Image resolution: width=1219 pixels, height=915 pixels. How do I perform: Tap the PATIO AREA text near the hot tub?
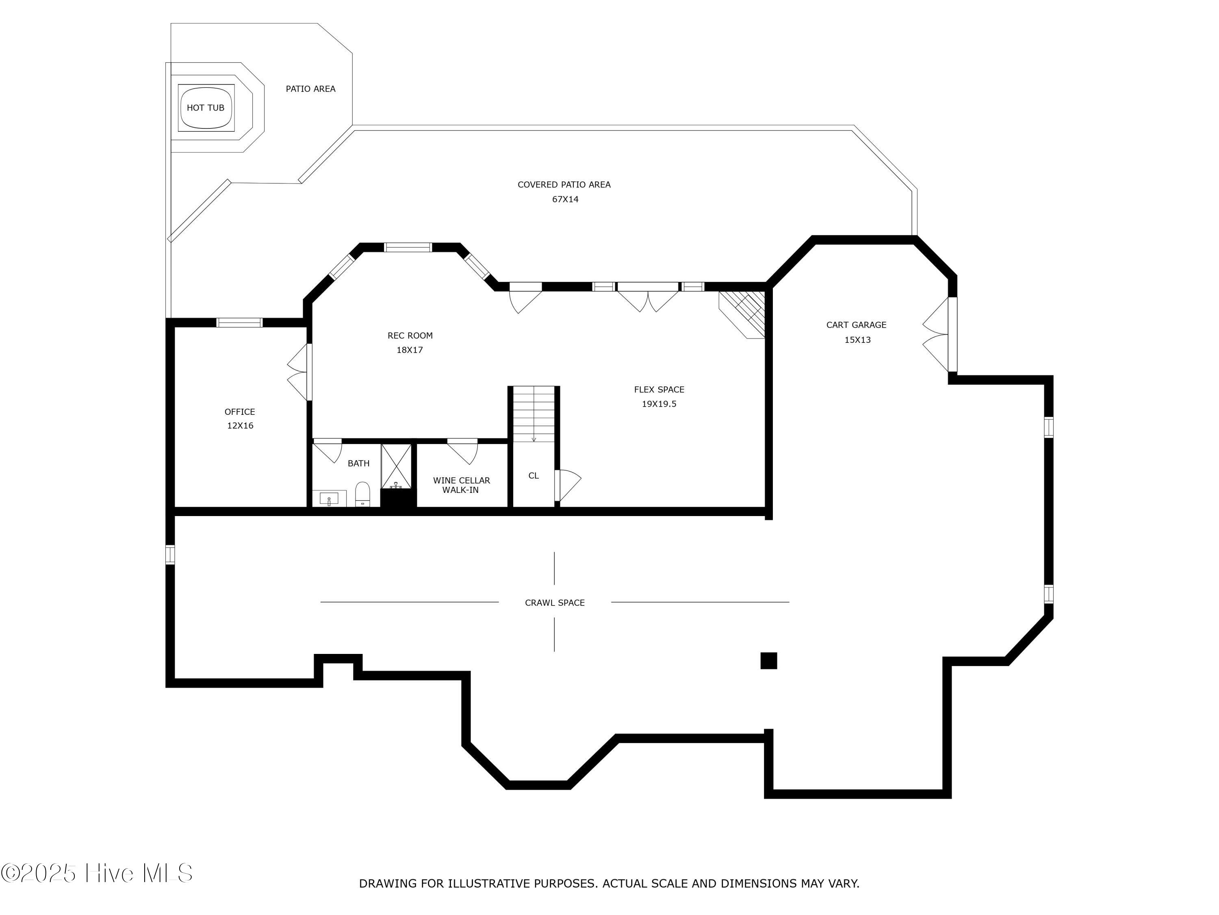(x=310, y=89)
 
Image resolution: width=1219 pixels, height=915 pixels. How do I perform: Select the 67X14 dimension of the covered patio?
(x=566, y=200)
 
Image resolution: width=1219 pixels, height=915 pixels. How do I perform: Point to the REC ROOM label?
(x=410, y=335)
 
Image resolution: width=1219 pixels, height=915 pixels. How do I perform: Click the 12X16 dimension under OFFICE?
(x=240, y=426)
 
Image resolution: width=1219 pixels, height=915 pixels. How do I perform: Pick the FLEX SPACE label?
(x=659, y=390)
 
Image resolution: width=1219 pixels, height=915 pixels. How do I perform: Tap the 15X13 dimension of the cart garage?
(x=857, y=340)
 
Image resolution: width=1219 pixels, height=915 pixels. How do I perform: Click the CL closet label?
(x=534, y=475)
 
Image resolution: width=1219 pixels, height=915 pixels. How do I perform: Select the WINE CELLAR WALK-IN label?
(x=461, y=485)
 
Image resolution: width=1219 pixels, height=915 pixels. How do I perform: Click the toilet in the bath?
(x=362, y=494)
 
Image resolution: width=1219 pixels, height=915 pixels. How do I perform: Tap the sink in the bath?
(x=330, y=498)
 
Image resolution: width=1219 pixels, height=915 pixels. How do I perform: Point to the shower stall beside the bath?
(x=396, y=466)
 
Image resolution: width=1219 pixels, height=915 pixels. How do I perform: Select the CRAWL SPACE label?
(x=555, y=603)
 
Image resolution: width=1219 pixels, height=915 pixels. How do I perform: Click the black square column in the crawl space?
(x=769, y=661)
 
